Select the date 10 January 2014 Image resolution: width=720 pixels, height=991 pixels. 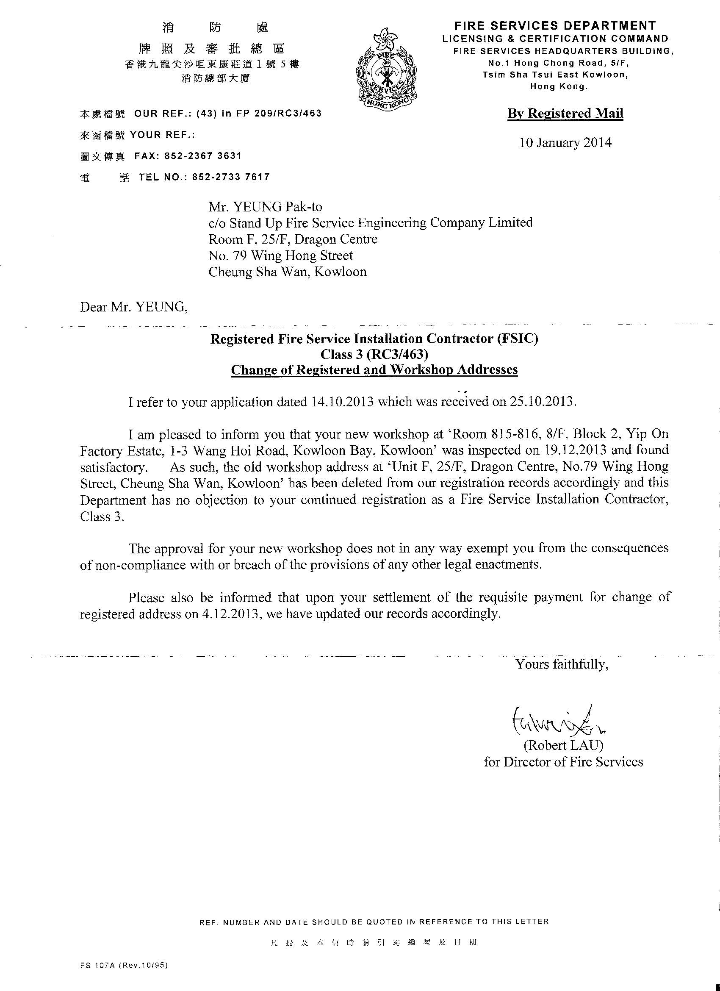pos(565,143)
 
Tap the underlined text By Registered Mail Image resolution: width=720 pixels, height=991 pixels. pos(565,114)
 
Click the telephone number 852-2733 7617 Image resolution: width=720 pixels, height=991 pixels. pos(231,177)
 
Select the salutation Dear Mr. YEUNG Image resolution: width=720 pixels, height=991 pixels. pos(134,307)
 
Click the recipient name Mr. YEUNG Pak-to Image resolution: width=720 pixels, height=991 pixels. pos(265,206)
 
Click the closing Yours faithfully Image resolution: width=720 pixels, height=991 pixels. pos(562,676)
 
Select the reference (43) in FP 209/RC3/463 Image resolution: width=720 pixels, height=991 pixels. pos(259,114)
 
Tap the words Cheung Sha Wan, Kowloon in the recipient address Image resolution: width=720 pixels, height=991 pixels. pos(288,272)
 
